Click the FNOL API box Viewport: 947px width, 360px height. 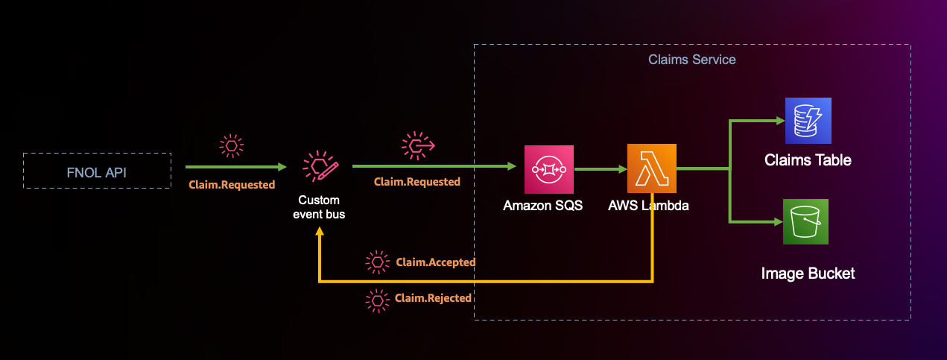(97, 171)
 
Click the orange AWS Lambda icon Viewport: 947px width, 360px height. (651, 169)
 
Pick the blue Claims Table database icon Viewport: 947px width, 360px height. (807, 121)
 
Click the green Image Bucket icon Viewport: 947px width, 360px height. (807, 222)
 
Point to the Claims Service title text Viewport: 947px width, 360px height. (692, 59)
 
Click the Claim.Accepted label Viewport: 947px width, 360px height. (436, 262)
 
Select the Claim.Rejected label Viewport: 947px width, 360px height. (434, 298)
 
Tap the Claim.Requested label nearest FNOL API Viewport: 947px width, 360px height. (231, 184)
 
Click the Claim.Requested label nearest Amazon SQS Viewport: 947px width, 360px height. (417, 182)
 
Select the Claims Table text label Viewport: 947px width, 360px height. (808, 160)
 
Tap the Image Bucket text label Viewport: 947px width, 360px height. (808, 274)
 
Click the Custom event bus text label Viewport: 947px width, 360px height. (319, 207)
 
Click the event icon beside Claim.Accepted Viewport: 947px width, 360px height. (378, 262)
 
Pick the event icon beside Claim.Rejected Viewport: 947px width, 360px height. (378, 300)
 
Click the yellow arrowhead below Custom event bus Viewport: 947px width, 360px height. (320, 233)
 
